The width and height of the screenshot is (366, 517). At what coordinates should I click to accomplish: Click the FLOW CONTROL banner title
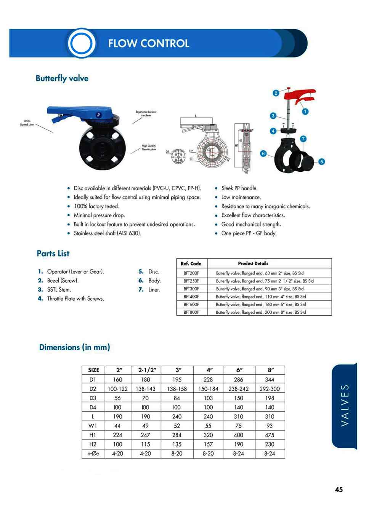149,43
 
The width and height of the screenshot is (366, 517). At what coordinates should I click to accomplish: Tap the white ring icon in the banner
81,43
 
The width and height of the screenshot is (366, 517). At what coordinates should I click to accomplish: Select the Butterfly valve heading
62,78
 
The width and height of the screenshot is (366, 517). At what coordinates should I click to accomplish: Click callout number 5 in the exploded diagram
321,161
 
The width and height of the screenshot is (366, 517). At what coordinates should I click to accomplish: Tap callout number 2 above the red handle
276,93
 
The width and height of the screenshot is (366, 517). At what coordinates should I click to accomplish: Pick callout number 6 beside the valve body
263,153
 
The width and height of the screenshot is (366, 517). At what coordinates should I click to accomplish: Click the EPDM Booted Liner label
27,123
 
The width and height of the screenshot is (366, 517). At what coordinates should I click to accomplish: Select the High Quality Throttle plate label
149,147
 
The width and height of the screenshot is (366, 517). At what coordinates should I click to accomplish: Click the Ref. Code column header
191,263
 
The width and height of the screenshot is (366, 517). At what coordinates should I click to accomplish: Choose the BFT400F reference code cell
191,297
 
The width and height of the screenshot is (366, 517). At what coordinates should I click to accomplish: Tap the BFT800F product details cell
261,312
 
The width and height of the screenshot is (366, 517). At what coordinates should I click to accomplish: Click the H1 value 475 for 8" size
270,435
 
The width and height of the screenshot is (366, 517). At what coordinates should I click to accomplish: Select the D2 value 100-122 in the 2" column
117,389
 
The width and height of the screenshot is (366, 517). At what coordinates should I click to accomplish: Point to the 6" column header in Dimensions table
239,370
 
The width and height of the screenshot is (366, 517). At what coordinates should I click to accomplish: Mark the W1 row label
93,426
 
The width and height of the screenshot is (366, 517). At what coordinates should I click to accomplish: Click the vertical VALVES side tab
345,405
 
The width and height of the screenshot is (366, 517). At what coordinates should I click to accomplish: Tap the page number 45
339,490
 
